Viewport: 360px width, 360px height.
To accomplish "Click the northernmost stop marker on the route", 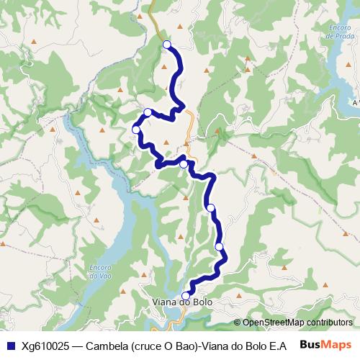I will click(x=167, y=45).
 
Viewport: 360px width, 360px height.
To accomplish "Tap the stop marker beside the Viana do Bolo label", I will click(x=185, y=295).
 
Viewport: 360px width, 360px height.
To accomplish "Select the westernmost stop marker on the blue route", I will click(x=136, y=129).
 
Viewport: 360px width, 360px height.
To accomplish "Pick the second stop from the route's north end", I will click(x=148, y=112).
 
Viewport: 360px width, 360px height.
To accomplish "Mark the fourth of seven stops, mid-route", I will click(x=184, y=164).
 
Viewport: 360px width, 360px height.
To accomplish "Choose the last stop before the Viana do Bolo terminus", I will click(x=220, y=247).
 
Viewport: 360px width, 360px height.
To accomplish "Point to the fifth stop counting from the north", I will click(x=211, y=207).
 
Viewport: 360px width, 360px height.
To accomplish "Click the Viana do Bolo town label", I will click(x=183, y=304).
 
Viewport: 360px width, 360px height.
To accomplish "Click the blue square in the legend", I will click(x=9, y=344).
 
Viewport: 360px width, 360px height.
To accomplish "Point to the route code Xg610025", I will click(x=44, y=344).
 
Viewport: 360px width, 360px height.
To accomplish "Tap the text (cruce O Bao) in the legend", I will click(x=165, y=344).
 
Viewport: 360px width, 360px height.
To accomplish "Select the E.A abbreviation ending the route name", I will click(x=287, y=344).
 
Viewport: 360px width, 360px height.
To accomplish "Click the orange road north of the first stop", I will click(x=153, y=14).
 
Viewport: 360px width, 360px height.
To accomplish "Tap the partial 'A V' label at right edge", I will click(x=356, y=103).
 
